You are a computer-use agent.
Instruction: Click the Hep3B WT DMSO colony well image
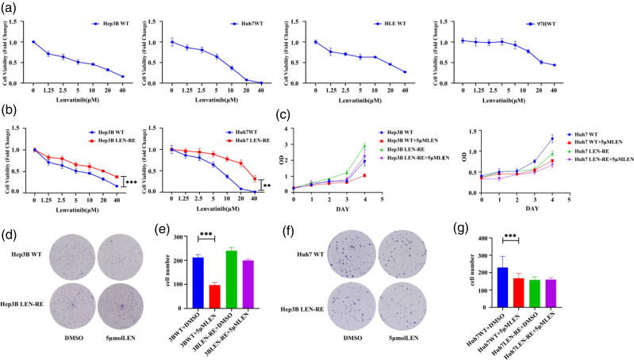[x=74, y=256]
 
